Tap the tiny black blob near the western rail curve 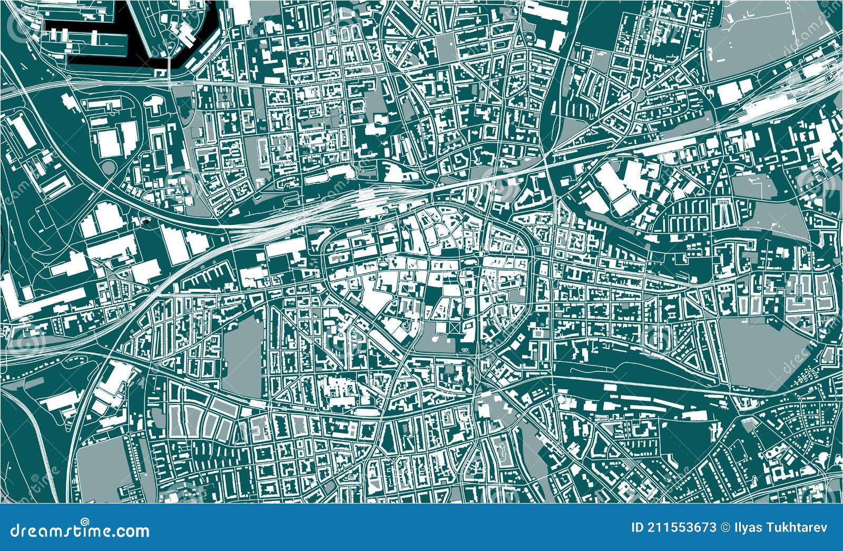(x=144, y=222)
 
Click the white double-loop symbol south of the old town (x=465, y=350)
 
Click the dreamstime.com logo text (x=80, y=529)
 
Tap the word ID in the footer (x=638, y=528)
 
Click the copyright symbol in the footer (x=726, y=528)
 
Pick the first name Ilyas (x=748, y=528)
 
